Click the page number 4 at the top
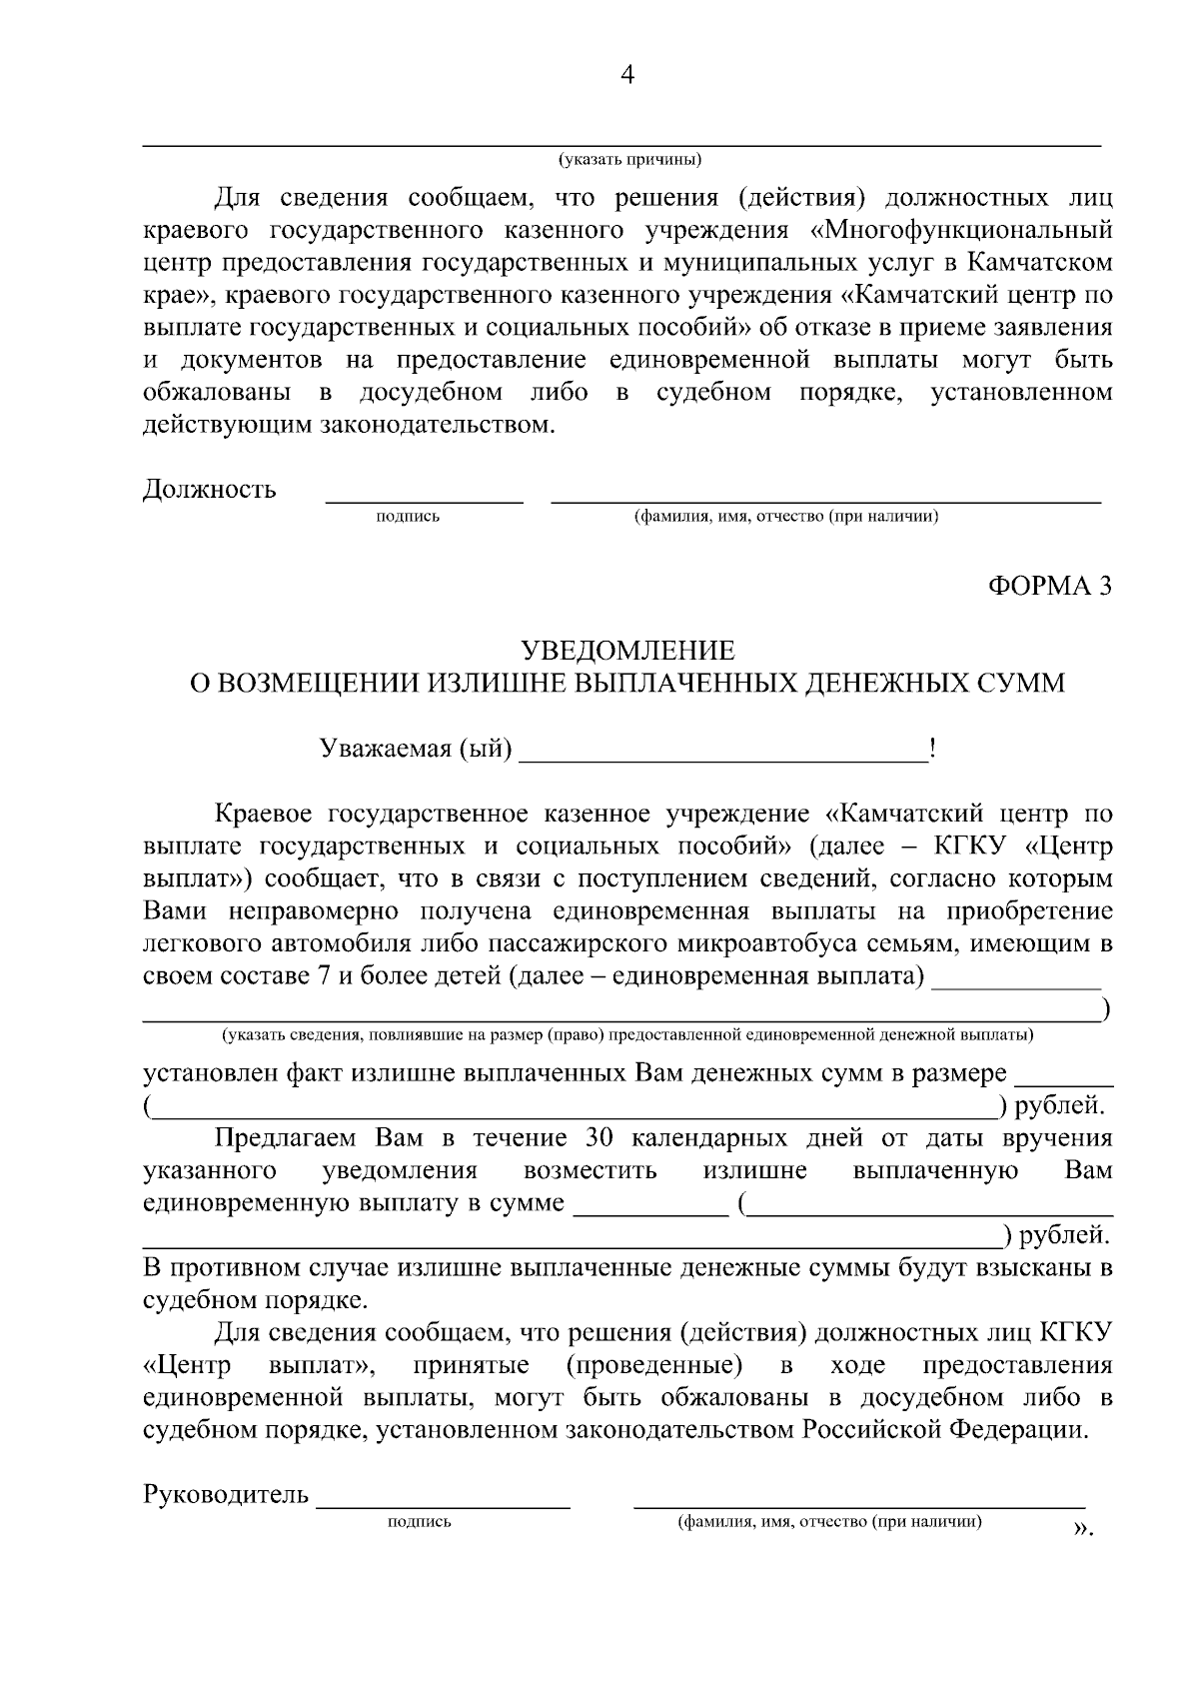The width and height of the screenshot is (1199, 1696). coord(627,76)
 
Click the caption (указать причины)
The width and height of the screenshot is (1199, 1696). coord(629,160)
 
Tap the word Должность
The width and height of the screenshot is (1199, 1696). coord(210,490)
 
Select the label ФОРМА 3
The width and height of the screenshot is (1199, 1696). coord(1049,587)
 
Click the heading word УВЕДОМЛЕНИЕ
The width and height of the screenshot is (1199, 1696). coord(628,652)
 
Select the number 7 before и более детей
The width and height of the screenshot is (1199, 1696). coord(324,976)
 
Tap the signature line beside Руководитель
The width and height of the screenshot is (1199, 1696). coord(444,1502)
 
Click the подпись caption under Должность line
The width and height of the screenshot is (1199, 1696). coord(408,517)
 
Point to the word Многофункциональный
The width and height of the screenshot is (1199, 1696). coord(963,231)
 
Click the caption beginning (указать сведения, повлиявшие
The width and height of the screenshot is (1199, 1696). coord(627,1033)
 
